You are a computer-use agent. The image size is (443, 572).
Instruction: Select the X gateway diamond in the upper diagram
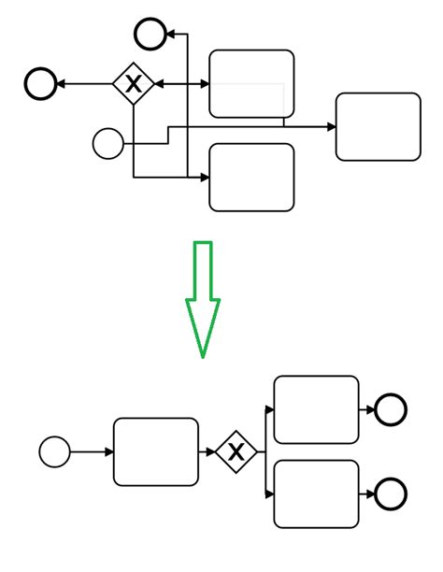(x=134, y=84)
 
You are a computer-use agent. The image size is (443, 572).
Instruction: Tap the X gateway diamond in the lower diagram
(x=236, y=452)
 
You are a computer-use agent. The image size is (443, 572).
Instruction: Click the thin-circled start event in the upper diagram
(x=108, y=144)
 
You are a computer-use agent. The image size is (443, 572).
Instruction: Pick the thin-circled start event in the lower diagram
(x=55, y=452)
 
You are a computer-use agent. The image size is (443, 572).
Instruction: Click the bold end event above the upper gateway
(x=150, y=35)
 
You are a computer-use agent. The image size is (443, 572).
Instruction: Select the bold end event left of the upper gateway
(x=40, y=84)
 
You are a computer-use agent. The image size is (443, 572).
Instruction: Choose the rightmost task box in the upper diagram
(x=378, y=126)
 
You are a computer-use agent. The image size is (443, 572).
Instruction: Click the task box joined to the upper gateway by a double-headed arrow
(x=251, y=83)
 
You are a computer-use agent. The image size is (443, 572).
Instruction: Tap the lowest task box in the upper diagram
(x=251, y=177)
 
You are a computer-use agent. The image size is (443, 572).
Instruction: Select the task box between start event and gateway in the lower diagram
(x=156, y=452)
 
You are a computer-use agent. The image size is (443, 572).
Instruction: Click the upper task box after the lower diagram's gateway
(x=316, y=409)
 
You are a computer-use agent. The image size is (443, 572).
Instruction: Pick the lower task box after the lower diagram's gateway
(x=316, y=493)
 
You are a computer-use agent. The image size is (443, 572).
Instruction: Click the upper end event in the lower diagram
(x=390, y=409)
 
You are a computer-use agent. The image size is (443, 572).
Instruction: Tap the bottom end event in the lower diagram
(x=390, y=493)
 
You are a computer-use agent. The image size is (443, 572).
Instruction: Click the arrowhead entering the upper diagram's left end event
(x=61, y=84)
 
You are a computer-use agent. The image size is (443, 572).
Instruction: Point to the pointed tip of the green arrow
(x=202, y=356)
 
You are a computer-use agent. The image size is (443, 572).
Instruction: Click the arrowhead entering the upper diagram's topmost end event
(x=170, y=35)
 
